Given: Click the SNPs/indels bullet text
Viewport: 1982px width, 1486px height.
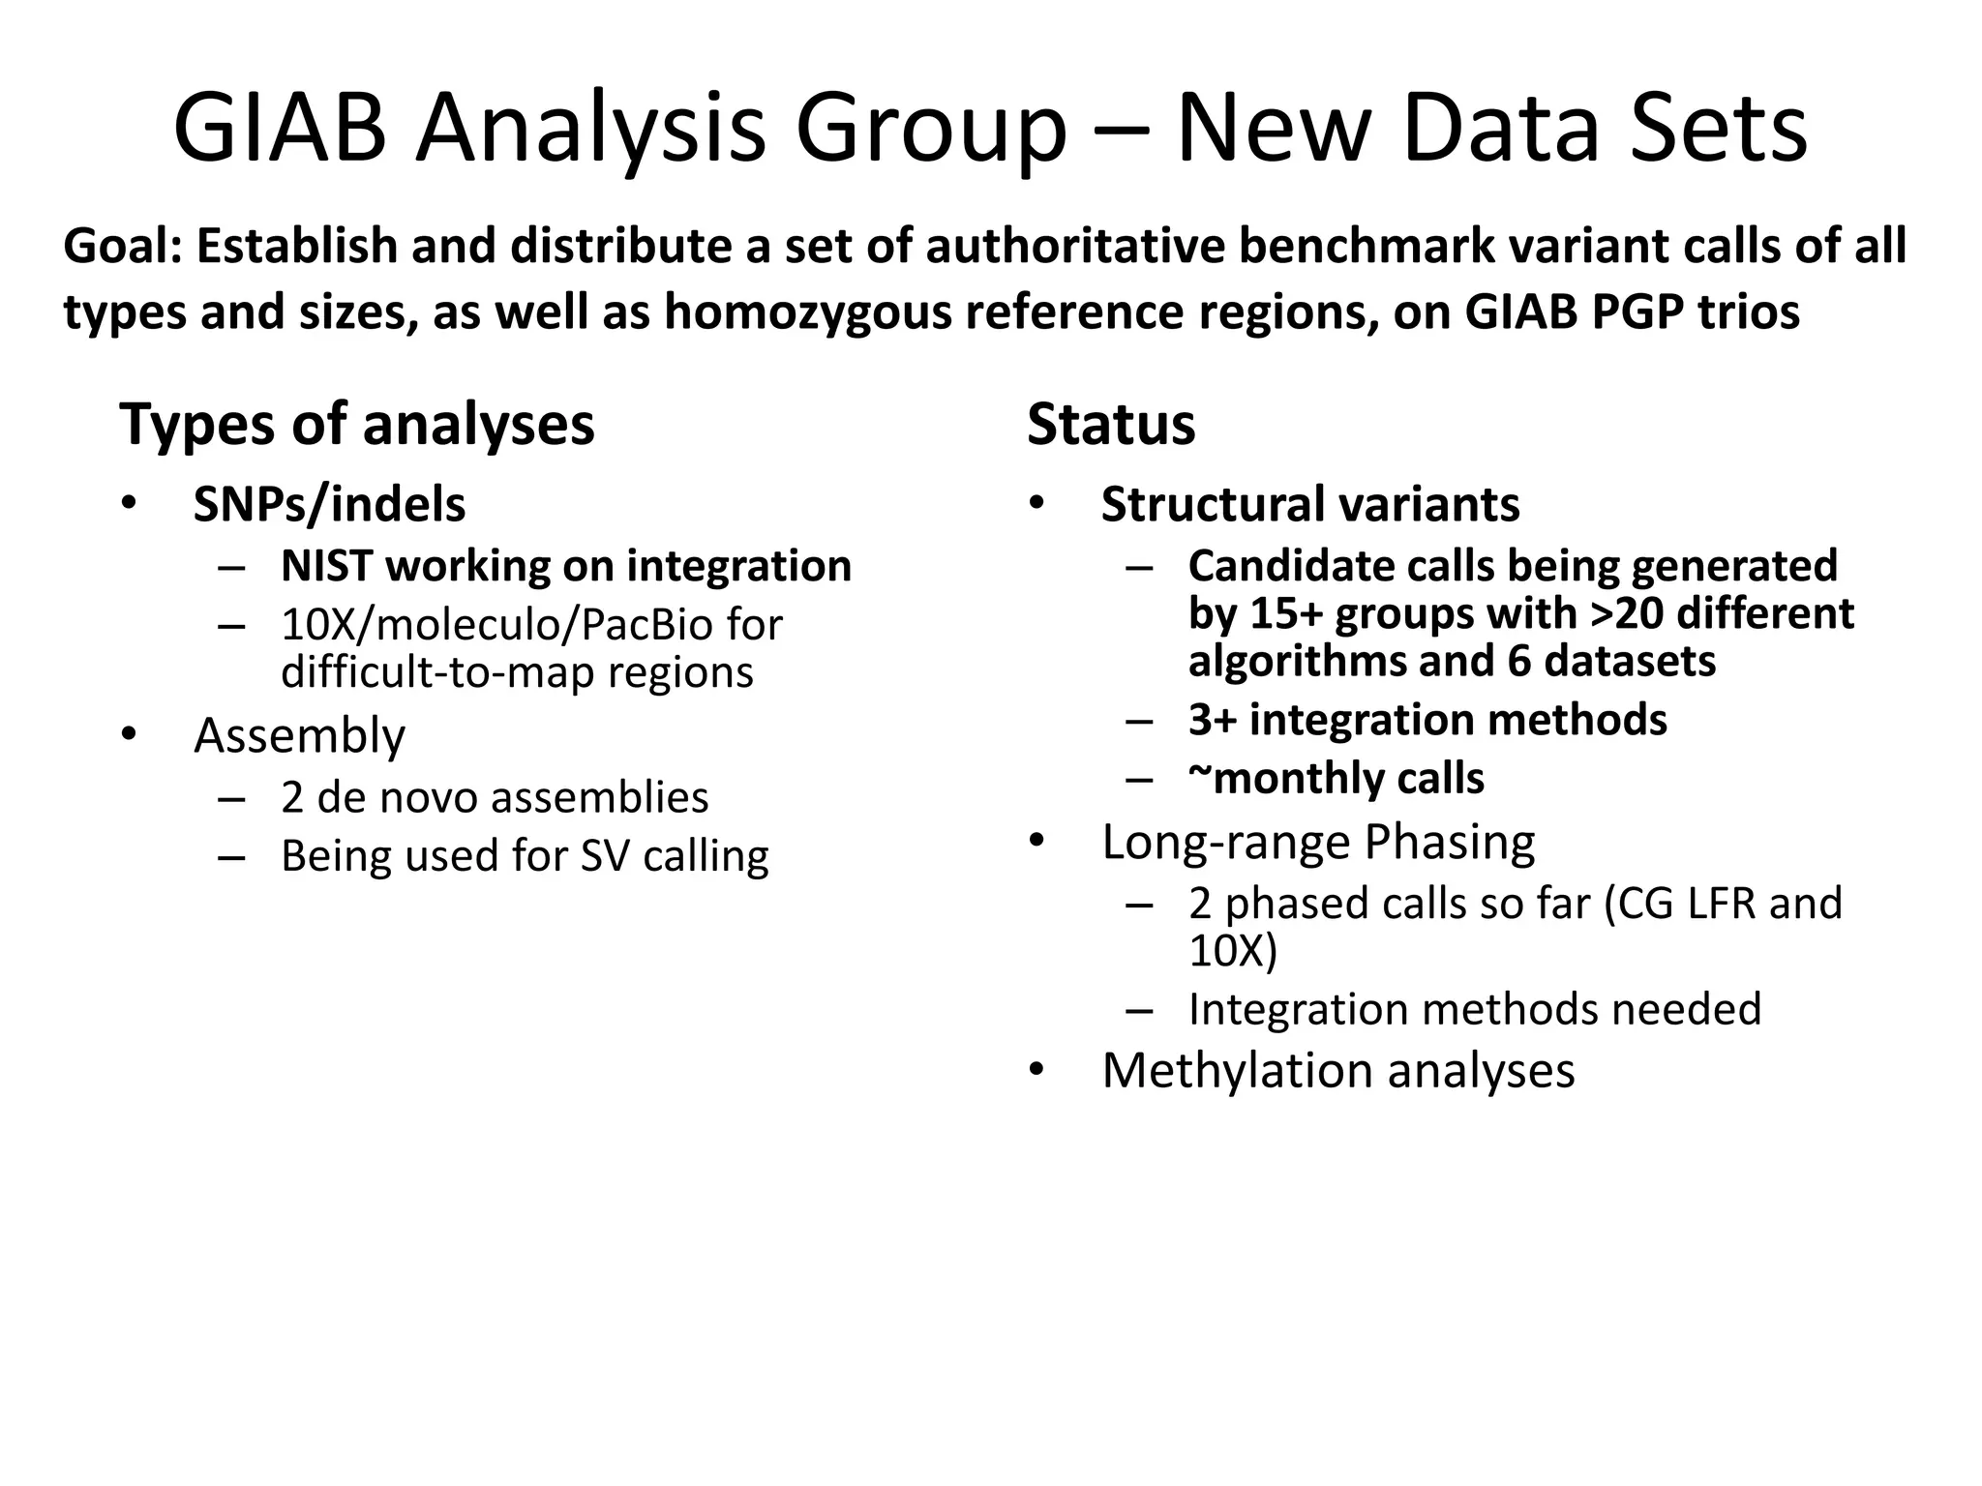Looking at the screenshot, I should [x=329, y=505].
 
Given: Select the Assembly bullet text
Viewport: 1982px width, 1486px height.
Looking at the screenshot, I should [x=299, y=735].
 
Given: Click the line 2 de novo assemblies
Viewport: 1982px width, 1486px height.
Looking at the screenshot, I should [x=494, y=798].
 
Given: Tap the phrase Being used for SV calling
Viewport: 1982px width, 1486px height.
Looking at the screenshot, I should [x=524, y=856].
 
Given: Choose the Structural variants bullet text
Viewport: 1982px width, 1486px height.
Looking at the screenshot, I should [x=1309, y=505].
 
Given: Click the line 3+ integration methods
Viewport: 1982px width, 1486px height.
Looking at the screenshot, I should [x=1426, y=720].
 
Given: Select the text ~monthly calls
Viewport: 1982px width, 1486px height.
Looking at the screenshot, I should [x=1336, y=779].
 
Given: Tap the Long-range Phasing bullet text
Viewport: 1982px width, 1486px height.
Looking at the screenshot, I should [x=1317, y=842].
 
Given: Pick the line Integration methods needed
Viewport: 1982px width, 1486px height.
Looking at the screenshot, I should [x=1474, y=1009].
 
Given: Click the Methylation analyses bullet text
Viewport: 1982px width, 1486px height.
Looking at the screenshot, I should [x=1337, y=1071].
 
